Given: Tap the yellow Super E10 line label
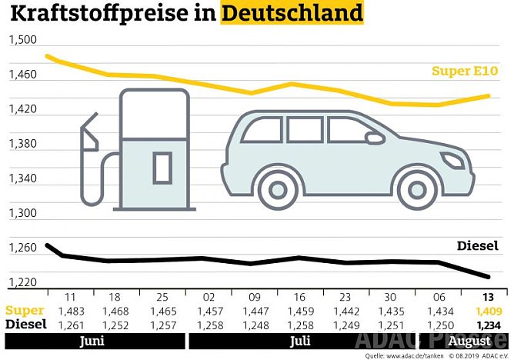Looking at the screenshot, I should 465,72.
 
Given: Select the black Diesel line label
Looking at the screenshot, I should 478,246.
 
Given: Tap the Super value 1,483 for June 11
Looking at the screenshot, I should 70,312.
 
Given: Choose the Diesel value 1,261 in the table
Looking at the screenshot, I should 70,325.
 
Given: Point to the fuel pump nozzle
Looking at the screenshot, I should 88,135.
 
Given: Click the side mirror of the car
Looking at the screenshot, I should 375,138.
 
